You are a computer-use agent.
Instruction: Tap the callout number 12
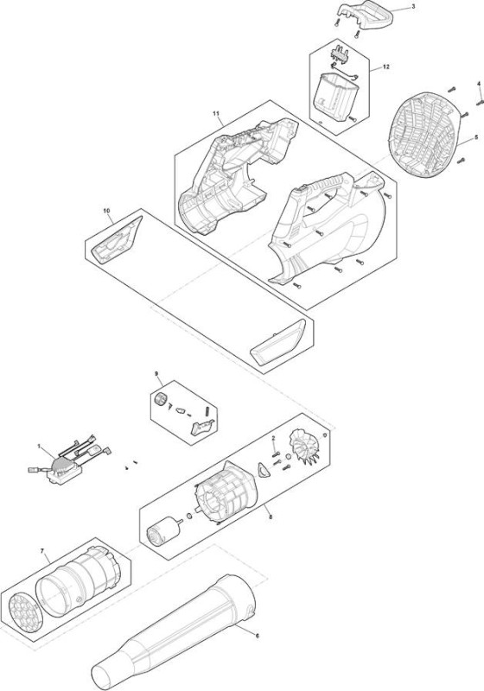[x=385, y=67]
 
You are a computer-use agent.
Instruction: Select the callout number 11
[x=215, y=113]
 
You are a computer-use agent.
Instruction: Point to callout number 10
[x=106, y=211]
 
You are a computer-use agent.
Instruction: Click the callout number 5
[x=475, y=137]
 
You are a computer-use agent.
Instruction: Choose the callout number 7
[x=42, y=551]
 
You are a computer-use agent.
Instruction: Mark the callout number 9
[x=156, y=374]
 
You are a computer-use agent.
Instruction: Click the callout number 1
[x=39, y=447]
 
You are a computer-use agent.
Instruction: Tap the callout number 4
[x=479, y=84]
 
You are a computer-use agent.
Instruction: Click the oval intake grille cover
[x=425, y=136]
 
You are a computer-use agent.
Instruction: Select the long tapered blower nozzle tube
[x=173, y=632]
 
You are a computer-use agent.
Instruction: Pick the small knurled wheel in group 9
[x=162, y=398]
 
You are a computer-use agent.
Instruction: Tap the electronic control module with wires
[x=68, y=465]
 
